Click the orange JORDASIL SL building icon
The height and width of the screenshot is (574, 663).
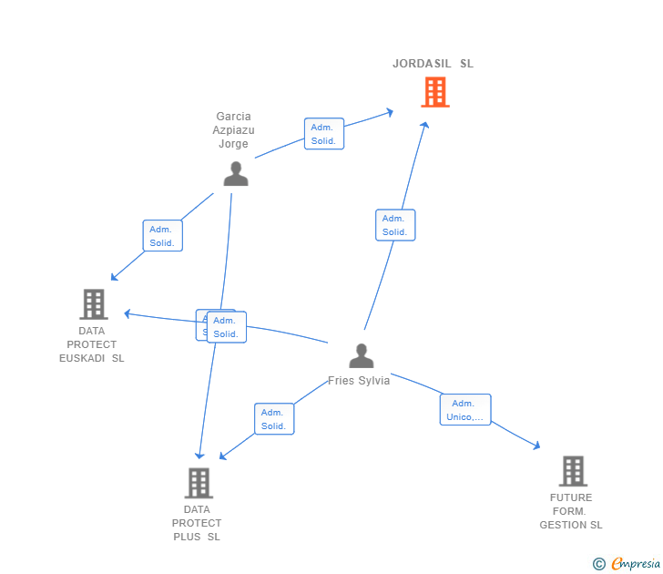click(435, 92)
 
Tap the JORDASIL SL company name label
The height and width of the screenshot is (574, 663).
click(433, 64)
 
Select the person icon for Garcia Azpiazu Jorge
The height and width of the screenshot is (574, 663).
click(236, 173)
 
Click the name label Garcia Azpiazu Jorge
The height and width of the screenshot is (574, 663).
click(233, 130)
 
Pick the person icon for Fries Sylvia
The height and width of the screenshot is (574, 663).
click(362, 355)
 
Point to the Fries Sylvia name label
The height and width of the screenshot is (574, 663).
click(359, 381)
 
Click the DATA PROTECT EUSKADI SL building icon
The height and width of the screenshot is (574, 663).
click(93, 304)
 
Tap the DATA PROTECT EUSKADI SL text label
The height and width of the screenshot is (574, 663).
click(91, 344)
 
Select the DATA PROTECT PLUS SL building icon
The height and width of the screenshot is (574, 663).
click(198, 483)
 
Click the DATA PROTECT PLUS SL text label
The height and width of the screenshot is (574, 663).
click(197, 523)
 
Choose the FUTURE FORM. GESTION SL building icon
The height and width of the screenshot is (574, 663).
click(572, 471)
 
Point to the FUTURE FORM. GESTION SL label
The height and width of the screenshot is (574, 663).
click(571, 511)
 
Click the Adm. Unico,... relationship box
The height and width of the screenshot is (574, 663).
click(465, 410)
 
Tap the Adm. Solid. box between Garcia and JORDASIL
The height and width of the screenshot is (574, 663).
click(323, 134)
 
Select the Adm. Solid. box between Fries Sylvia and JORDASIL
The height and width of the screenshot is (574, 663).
click(395, 225)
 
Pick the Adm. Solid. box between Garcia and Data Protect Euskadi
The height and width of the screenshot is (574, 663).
click(163, 236)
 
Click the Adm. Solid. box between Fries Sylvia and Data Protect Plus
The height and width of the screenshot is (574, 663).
click(274, 419)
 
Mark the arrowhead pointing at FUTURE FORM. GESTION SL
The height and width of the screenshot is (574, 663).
click(536, 446)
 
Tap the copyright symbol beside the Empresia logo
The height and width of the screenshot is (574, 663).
click(599, 564)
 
